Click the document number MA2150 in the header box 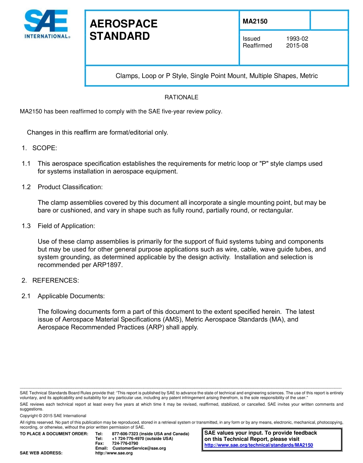tap(255, 21)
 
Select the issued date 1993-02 tap(297, 39)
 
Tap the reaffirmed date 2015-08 tap(297, 45)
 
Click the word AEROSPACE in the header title tap(123, 24)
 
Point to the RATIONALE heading tap(181, 97)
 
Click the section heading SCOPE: tap(44, 148)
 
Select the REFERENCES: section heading tap(55, 281)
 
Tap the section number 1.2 tap(26, 187)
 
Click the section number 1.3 tap(26, 226)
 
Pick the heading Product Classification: tap(70, 187)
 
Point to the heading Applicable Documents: tap(71, 296)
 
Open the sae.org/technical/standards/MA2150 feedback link tap(259, 445)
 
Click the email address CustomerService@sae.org tap(139, 448)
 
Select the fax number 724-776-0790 tap(125, 443)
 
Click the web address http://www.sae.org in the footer tap(114, 453)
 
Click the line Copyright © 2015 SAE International tap(53, 416)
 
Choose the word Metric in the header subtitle tap(309, 76)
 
